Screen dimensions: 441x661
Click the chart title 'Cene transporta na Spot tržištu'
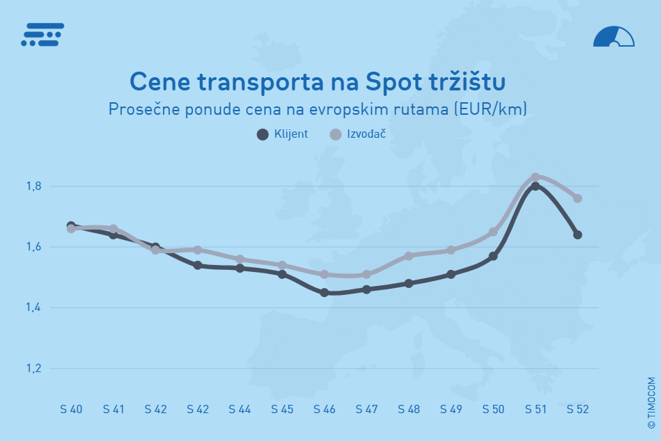coord(318,81)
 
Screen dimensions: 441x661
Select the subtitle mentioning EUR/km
coord(318,109)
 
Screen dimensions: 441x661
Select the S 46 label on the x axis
coord(325,410)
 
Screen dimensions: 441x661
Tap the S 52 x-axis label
coord(577,410)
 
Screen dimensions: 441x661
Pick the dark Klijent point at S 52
coord(577,234)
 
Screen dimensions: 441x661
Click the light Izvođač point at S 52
coord(577,198)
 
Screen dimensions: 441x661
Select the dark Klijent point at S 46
coord(325,293)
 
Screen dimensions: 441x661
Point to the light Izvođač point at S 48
coord(409,256)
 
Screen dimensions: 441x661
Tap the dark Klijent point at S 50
coord(493,256)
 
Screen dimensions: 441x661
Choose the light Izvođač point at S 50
coord(493,232)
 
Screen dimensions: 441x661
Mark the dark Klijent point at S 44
coord(240,268)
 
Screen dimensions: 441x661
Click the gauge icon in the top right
coord(614,37)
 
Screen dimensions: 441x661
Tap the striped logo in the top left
coord(42,34)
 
